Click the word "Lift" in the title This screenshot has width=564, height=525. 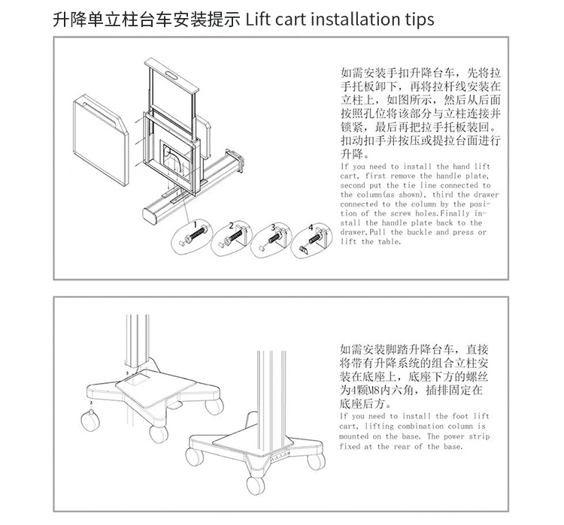click(x=258, y=19)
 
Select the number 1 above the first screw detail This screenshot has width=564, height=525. click(x=196, y=225)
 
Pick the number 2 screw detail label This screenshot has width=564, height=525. click(x=232, y=225)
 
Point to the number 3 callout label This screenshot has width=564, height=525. click(x=273, y=227)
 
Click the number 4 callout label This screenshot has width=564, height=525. click(x=311, y=227)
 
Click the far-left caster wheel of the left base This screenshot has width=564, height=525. click(x=90, y=421)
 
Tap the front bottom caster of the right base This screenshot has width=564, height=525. click(x=256, y=486)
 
